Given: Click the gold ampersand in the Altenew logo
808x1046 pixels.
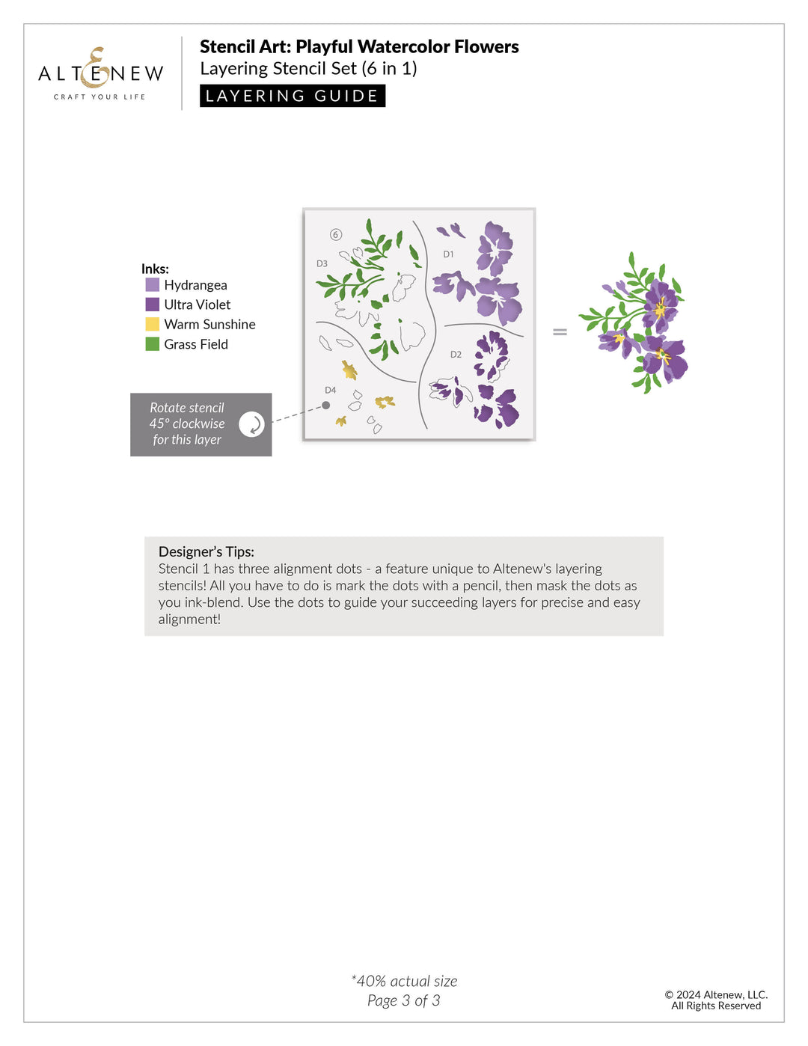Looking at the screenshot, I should click(x=97, y=68).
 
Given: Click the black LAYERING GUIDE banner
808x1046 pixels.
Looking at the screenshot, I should click(x=293, y=96).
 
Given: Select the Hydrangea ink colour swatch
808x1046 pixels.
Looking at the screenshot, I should click(x=153, y=285).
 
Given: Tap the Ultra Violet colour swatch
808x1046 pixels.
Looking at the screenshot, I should click(x=153, y=305).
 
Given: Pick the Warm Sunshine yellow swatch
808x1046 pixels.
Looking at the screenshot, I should click(x=153, y=324).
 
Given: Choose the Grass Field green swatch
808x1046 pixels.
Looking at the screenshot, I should click(x=153, y=344).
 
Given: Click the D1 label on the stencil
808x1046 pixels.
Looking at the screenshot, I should click(x=448, y=254).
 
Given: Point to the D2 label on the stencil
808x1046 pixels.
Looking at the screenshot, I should click(x=456, y=355).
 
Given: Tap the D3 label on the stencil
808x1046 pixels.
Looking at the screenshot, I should click(x=322, y=263).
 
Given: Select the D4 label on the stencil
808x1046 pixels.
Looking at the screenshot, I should click(x=330, y=391).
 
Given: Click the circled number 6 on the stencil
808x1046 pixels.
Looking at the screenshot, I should click(x=335, y=235).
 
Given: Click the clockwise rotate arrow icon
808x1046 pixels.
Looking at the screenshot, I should click(x=252, y=424).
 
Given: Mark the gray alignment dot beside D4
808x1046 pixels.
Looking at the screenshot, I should click(x=326, y=406).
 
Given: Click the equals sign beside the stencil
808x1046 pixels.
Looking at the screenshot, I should click(x=560, y=331).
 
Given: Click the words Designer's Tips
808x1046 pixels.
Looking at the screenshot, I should click(x=206, y=551).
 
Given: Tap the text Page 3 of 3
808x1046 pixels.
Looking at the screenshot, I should click(x=404, y=1000).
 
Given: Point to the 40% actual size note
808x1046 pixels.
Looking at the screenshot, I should click(x=404, y=981).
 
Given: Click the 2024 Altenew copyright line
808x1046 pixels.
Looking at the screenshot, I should click(x=716, y=994).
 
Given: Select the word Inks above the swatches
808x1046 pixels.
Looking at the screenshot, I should click(x=155, y=269).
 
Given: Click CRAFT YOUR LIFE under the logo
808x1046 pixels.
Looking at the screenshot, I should click(x=100, y=97).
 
